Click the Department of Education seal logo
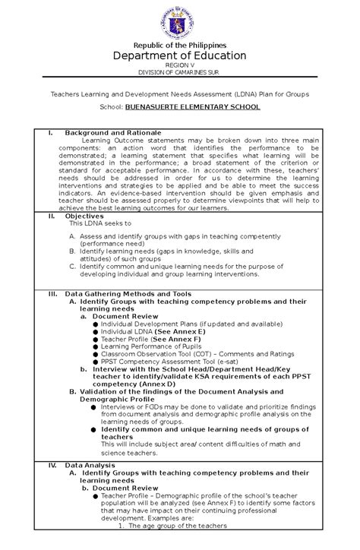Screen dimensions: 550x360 [180, 22]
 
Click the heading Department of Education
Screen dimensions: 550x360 [180, 56]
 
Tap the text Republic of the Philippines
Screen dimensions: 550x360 [180, 46]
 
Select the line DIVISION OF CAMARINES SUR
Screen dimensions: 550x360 [180, 73]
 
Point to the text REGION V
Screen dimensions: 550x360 [180, 66]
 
